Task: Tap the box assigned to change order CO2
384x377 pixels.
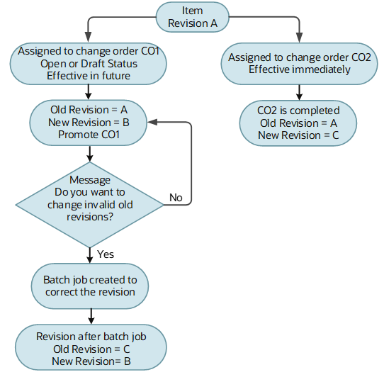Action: (x=300, y=63)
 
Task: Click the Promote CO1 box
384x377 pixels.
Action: (x=89, y=121)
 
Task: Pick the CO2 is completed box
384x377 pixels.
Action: (x=300, y=122)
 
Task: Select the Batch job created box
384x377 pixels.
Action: (x=89, y=286)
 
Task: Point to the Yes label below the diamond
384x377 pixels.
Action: (x=106, y=253)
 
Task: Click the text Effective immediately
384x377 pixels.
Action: (x=300, y=69)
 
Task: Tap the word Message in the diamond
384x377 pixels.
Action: (x=89, y=180)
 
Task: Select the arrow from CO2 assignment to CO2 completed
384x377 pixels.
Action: (x=300, y=92)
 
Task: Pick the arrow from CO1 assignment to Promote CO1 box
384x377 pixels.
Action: (x=89, y=91)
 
